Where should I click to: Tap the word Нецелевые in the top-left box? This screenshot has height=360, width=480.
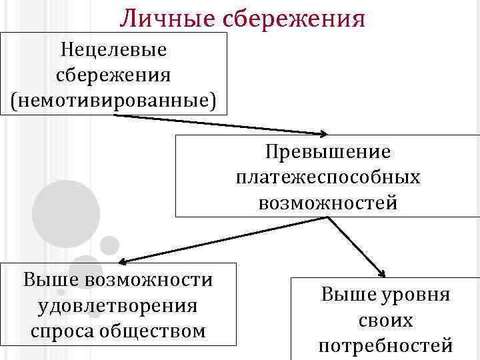pos(113,49)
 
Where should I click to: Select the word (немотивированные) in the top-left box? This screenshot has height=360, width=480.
pos(113,99)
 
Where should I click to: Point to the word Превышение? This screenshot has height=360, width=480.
pos(328,152)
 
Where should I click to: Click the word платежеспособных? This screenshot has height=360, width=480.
pos(328,177)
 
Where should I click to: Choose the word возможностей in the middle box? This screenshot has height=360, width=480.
pos(328,201)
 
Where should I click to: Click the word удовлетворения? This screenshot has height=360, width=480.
pos(118,305)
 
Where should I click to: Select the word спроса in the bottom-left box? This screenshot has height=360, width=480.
pos(61,331)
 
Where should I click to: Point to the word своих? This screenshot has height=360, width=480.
pos(385,321)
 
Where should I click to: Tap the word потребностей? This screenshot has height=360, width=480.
pos(385,346)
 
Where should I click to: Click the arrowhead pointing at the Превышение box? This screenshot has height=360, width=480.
pos(323,133)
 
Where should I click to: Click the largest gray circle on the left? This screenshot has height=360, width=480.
pos(65,214)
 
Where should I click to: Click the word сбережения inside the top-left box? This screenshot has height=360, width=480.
pos(113,74)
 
